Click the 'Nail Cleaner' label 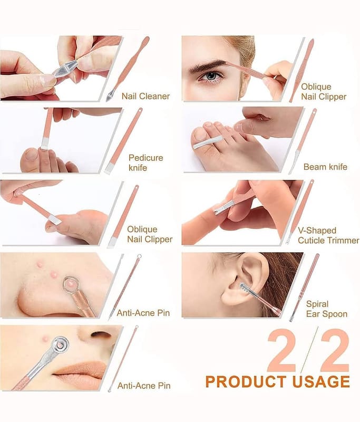tap(145, 96)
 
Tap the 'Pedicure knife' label tap(145, 162)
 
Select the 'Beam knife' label tap(325, 167)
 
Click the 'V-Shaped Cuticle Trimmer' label tap(328, 235)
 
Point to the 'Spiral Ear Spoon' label tap(327, 309)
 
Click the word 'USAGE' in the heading tap(321, 381)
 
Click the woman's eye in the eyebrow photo tap(211, 76)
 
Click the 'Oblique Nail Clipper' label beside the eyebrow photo tap(324, 91)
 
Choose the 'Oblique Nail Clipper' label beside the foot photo tap(150, 234)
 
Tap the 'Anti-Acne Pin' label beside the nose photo tap(143, 313)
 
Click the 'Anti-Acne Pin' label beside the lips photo tap(144, 386)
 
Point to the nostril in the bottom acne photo tap(100, 334)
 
